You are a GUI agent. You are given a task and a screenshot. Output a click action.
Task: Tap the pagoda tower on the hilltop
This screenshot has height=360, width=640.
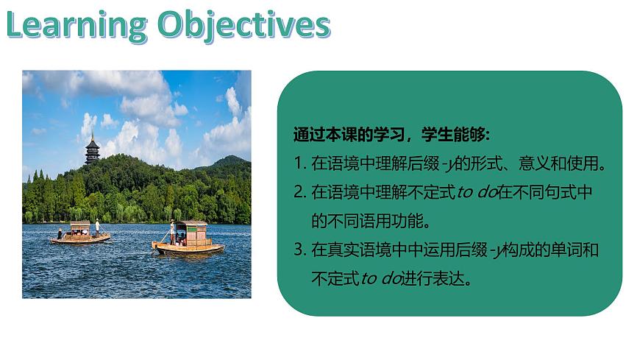point(93,149)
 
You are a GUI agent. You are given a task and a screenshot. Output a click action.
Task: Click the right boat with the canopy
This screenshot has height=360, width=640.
point(190,238)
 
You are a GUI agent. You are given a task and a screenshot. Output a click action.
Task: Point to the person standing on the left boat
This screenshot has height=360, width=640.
point(97,226)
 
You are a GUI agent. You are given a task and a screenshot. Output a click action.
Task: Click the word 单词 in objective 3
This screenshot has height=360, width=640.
point(570,250)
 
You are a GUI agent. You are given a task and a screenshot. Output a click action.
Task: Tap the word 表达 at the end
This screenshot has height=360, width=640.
point(453,279)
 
